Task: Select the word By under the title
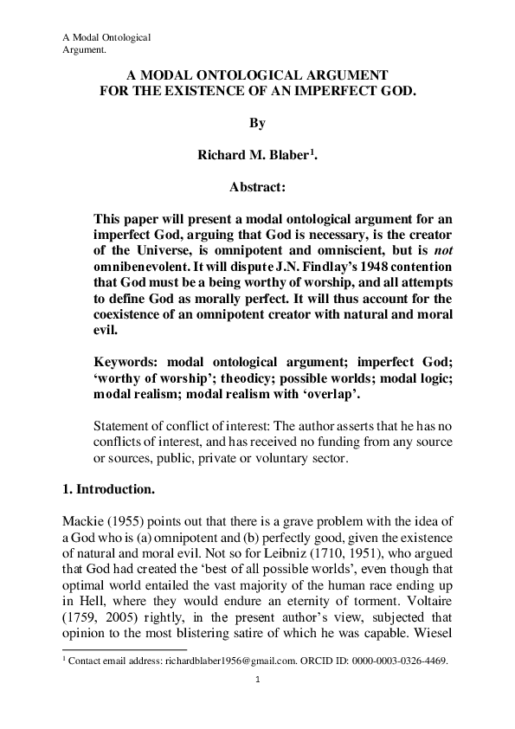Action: pyautogui.click(x=257, y=124)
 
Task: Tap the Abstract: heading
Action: pyautogui.click(x=257, y=186)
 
